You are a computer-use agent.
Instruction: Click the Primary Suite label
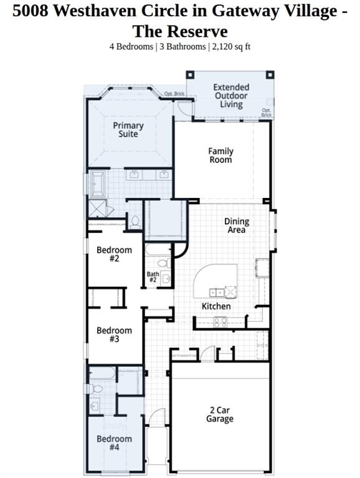pyautogui.click(x=128, y=129)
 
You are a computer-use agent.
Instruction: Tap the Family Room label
pyautogui.click(x=220, y=155)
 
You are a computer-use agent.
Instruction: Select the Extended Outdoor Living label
pyautogui.click(x=231, y=96)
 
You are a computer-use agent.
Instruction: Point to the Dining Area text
pyautogui.click(x=237, y=225)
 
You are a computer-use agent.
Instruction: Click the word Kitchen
pyautogui.click(x=216, y=306)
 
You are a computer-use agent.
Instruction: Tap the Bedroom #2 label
pyautogui.click(x=114, y=254)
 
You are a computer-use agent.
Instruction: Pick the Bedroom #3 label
pyautogui.click(x=114, y=335)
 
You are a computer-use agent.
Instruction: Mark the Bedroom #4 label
pyautogui.click(x=114, y=443)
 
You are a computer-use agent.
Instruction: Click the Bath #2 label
pyautogui.click(x=153, y=277)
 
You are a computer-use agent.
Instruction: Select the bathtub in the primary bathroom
pyautogui.click(x=97, y=184)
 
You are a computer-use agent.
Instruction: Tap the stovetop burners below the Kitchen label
pyautogui.click(x=220, y=322)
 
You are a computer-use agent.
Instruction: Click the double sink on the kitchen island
pyautogui.click(x=217, y=291)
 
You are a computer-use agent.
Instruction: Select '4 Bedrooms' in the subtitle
pyautogui.click(x=130, y=46)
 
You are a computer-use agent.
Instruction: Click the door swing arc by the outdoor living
pyautogui.click(x=183, y=109)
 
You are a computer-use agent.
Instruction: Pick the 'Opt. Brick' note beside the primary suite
pyautogui.click(x=174, y=94)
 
